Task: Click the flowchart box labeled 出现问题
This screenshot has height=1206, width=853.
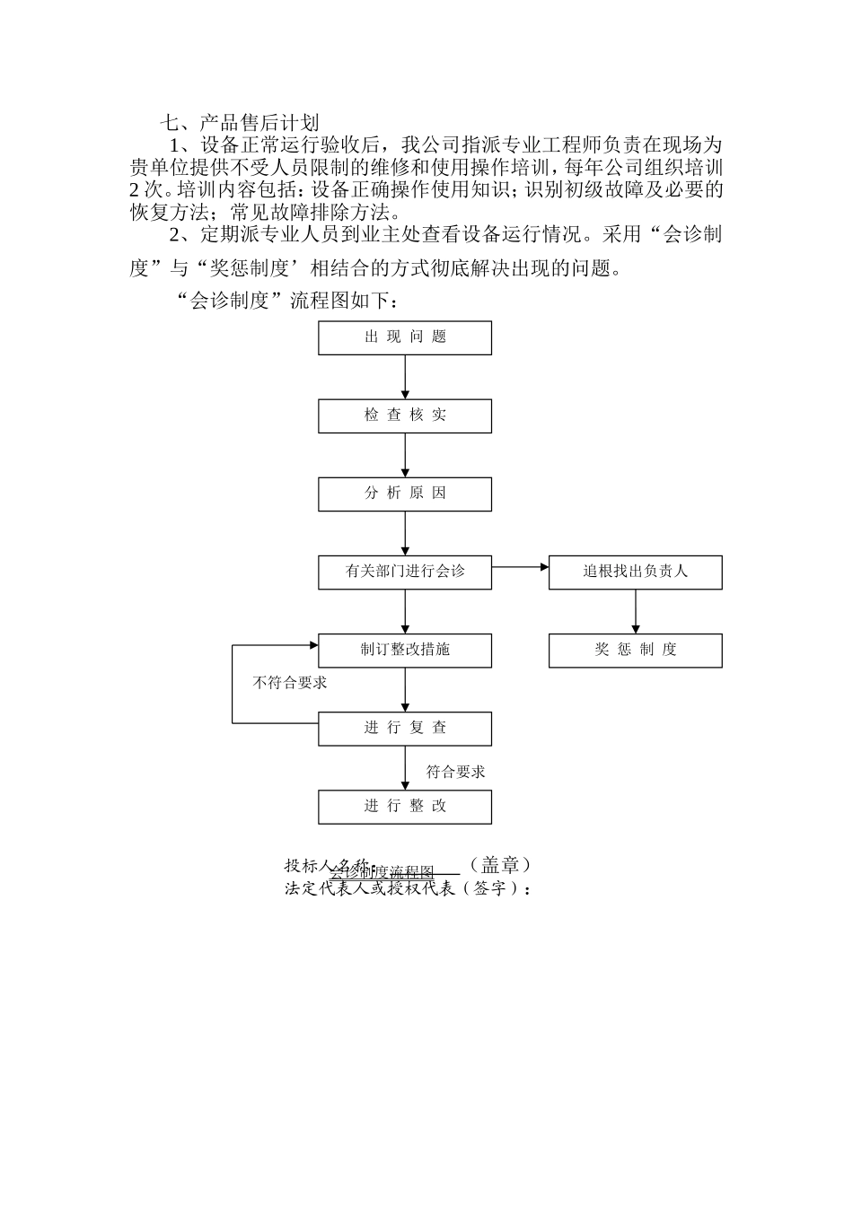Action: pyautogui.click(x=405, y=337)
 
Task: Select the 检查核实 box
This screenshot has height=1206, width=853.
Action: pyautogui.click(x=405, y=415)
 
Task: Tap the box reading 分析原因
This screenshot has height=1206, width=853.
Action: pyautogui.click(x=405, y=494)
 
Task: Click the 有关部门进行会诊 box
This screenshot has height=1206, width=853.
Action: pyautogui.click(x=405, y=572)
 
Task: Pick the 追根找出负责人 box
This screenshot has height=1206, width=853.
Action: pyautogui.click(x=635, y=572)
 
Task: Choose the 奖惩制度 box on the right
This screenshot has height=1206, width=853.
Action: pyautogui.click(x=635, y=650)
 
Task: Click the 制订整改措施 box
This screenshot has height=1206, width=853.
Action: pyautogui.click(x=405, y=650)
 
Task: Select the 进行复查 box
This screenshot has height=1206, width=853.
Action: pyautogui.click(x=405, y=728)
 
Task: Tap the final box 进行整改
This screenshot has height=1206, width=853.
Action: pyautogui.click(x=405, y=806)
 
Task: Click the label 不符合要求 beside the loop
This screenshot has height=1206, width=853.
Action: pyautogui.click(x=290, y=683)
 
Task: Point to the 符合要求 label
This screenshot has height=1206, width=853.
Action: pyautogui.click(x=455, y=771)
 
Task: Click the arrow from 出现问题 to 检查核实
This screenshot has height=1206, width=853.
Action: pyautogui.click(x=405, y=377)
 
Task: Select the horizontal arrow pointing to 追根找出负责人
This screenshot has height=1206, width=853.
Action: pyautogui.click(x=520, y=567)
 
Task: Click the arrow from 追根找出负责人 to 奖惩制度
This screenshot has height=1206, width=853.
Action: pyautogui.click(x=635, y=611)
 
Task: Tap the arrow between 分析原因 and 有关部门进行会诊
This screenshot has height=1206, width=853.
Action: pyautogui.click(x=405, y=533)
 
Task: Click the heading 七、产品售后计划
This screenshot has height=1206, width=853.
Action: pyautogui.click(x=239, y=122)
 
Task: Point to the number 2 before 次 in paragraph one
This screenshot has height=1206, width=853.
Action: pyautogui.click(x=134, y=190)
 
